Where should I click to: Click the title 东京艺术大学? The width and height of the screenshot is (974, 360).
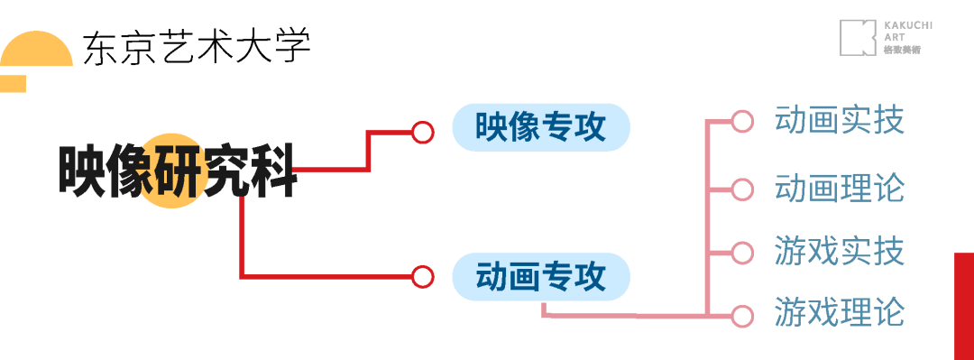point(197,47)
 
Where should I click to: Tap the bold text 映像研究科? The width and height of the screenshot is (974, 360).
point(178,171)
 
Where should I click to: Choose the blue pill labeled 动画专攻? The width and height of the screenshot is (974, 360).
point(540,276)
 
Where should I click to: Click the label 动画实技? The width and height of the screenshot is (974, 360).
point(839,120)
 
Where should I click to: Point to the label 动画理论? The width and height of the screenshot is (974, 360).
point(839,189)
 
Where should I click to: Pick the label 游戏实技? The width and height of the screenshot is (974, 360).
point(839,252)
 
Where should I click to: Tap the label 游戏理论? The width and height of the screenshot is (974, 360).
point(839,313)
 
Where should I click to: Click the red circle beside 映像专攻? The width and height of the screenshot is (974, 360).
point(423,132)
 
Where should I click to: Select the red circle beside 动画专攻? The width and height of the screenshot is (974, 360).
point(423,276)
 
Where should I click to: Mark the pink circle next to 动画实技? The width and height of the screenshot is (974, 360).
point(742,121)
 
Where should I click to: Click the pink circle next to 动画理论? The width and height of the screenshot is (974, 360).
point(742,189)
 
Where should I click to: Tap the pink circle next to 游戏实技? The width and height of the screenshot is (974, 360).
point(742,253)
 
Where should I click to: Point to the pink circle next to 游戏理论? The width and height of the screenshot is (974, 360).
point(742,316)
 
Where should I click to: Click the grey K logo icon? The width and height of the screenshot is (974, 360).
point(858,38)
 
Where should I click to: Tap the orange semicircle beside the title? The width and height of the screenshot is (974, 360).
point(36,50)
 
